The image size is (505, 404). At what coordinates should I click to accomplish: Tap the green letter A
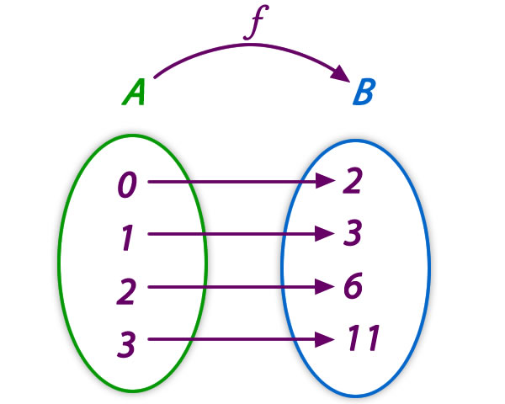[134, 92]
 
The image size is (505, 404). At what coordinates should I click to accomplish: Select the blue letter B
[363, 92]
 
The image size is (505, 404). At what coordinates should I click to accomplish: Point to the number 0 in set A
[126, 185]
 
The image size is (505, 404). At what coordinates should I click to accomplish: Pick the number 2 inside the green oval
[125, 291]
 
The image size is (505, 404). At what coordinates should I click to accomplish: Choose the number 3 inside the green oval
[125, 344]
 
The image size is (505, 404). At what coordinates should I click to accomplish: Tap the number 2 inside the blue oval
[353, 182]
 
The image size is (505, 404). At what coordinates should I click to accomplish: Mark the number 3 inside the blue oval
[353, 235]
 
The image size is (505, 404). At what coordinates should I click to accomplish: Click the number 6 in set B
[353, 288]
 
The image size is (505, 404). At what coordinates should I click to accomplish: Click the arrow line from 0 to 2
[236, 182]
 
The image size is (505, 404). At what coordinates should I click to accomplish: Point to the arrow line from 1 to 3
[236, 235]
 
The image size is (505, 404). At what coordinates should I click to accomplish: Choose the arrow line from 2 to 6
[236, 288]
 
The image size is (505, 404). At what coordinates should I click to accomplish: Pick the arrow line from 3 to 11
[236, 340]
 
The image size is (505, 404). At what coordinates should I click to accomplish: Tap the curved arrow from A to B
[244, 48]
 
